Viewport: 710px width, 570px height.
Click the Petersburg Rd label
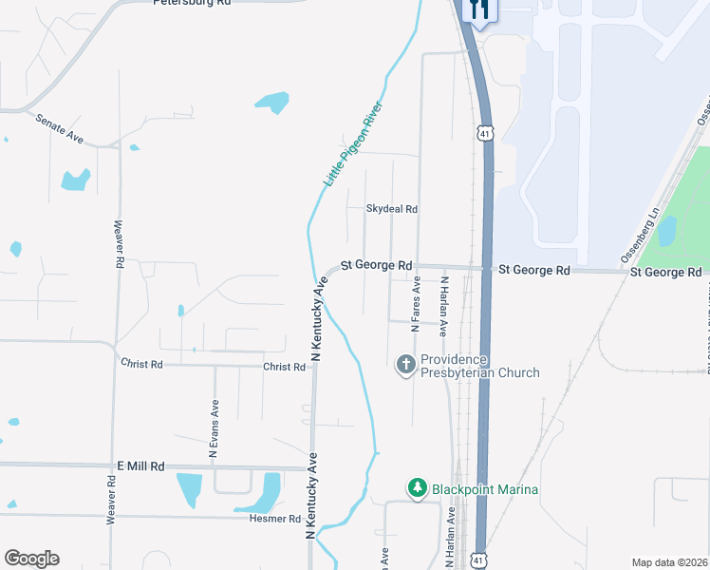192,3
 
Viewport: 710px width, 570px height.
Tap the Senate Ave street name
59,129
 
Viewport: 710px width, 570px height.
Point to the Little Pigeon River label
352,142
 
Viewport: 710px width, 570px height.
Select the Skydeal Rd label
392,209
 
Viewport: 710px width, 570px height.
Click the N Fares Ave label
415,302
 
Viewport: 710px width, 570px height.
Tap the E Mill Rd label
140,466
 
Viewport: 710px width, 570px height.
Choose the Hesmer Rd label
275,520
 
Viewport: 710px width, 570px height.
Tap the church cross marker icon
406,365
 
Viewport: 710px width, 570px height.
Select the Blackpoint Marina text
485,489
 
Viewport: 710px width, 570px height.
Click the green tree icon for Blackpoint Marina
417,488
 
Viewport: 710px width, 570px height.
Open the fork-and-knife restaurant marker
477,10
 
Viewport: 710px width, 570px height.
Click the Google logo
31,559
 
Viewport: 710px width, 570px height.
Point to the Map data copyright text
669,562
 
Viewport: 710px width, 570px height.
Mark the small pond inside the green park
667,229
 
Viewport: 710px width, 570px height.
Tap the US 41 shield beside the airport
486,133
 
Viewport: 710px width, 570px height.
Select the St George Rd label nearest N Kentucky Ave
377,265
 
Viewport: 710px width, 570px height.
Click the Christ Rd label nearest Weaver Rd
142,364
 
